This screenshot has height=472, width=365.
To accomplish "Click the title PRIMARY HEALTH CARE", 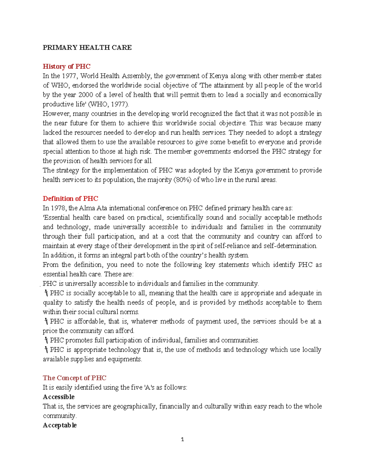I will (x=87, y=47).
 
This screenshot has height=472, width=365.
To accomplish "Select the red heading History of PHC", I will (x=67, y=66).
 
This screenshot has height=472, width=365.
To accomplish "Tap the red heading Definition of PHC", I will (x=70, y=198).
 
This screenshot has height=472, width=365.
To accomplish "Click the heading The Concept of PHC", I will (x=75, y=378).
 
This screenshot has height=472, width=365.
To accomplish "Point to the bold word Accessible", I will (x=59, y=397).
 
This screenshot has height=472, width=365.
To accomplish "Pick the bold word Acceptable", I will (x=60, y=425).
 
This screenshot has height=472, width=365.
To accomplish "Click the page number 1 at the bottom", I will (x=182, y=439).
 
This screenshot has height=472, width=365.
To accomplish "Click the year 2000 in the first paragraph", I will (x=86, y=95).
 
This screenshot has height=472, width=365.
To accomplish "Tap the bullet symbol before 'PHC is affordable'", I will (x=46, y=321).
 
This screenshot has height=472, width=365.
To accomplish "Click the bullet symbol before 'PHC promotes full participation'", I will (x=46, y=340).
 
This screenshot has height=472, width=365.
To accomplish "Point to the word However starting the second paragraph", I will (x=57, y=114).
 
